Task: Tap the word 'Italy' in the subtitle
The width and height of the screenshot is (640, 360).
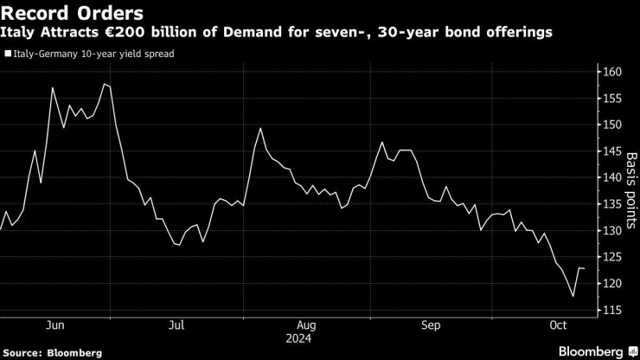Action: point(22,33)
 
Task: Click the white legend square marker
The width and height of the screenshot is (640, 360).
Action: point(8,53)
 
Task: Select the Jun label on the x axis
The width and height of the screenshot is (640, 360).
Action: point(54,325)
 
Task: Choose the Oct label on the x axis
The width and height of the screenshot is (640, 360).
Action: point(559,325)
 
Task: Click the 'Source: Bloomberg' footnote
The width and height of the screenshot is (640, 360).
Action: point(52,352)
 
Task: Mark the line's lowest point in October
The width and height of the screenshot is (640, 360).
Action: point(573,297)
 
